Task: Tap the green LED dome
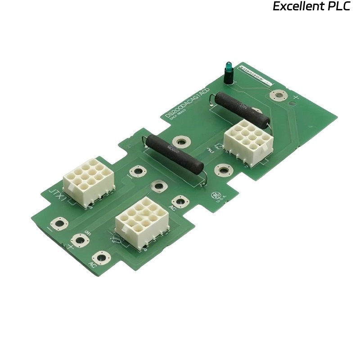click(x=229, y=67)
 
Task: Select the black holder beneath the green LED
click(x=229, y=77)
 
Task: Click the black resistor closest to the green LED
click(x=242, y=108)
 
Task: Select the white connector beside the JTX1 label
click(x=89, y=182)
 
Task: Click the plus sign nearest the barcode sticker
click(x=296, y=97)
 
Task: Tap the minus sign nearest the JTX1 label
click(x=49, y=229)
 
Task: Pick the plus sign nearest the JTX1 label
click(x=70, y=247)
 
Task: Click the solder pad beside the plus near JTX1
click(x=80, y=240)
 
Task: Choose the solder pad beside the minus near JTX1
click(x=59, y=223)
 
